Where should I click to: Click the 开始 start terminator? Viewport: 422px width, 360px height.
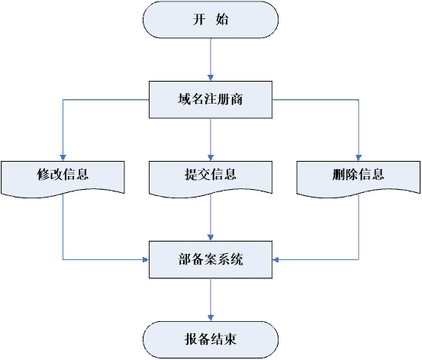pos(211,19)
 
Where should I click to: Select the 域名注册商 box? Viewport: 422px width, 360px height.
pos(211,100)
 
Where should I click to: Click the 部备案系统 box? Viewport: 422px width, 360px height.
pos(211,259)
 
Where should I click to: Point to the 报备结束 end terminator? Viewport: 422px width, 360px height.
pos(211,339)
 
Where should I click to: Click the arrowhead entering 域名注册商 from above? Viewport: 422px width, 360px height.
pos(211,78)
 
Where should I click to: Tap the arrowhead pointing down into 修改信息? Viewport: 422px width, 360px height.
pos(63,158)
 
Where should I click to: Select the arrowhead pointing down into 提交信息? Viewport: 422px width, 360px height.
pos(211,158)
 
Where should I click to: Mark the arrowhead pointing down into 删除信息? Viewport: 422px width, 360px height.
pos(359,158)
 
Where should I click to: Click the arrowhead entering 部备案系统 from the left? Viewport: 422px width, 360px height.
pos(146,259)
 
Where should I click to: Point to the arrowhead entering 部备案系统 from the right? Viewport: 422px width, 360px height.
pos(275,259)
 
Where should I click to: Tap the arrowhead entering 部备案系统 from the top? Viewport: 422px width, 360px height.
pos(211,237)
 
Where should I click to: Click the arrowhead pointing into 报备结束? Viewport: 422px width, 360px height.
pos(211,318)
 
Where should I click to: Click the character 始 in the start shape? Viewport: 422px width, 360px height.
pos(222,19)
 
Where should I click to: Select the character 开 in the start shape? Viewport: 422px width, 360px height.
pos(199,19)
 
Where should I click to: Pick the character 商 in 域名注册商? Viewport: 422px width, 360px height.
pos(237,99)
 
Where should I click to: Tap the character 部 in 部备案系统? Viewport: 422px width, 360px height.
pos(185,259)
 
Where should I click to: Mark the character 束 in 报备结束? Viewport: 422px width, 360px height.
pos(230,339)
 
